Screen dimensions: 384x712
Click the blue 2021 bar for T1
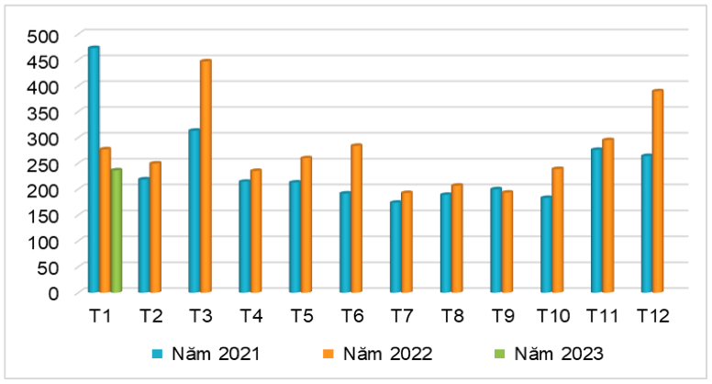[94, 170]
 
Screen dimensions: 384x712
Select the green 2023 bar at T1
[117, 231]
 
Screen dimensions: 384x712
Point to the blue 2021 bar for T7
[395, 247]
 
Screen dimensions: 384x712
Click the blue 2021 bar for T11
[596, 220]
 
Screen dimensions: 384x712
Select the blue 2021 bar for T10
[546, 244]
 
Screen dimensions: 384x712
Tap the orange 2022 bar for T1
[106, 220]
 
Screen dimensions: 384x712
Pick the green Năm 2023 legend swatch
[498, 353]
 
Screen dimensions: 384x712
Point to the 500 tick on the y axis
[42, 36]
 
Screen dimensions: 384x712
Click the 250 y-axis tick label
[42, 164]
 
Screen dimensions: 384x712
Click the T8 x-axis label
[451, 316]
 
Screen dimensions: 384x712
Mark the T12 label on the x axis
[652, 316]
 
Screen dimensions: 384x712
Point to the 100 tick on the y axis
[42, 242]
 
